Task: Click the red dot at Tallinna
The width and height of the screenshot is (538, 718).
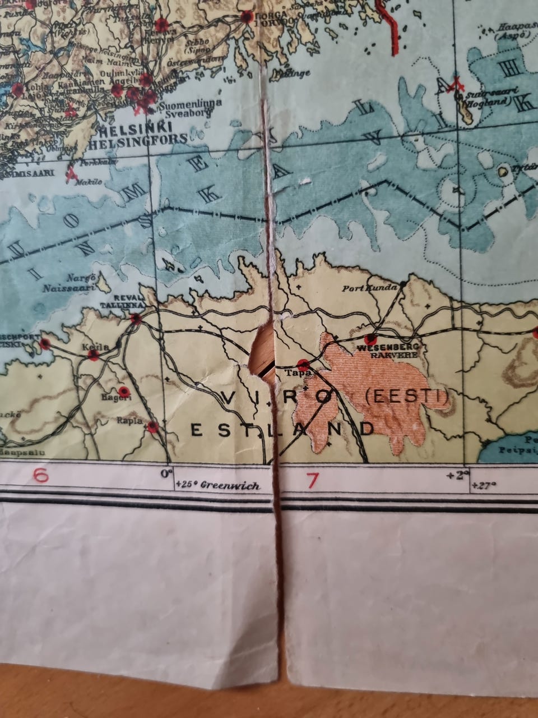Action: pyautogui.click(x=136, y=319)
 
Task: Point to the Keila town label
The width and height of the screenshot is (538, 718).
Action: pyautogui.click(x=90, y=346)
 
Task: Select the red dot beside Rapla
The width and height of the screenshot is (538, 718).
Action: pyautogui.click(x=153, y=427)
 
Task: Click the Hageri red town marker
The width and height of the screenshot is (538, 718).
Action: pyautogui.click(x=123, y=391)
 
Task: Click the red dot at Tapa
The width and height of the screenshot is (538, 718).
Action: pyautogui.click(x=303, y=363)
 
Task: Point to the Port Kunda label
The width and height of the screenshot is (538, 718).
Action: pyautogui.click(x=367, y=288)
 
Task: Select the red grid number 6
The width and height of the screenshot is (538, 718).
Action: pyautogui.click(x=40, y=476)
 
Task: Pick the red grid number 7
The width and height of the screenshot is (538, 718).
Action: pyautogui.click(x=312, y=480)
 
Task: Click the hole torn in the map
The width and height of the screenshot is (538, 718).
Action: pyautogui.click(x=261, y=351)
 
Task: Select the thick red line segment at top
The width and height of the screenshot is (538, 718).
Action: pyautogui.click(x=391, y=25)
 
